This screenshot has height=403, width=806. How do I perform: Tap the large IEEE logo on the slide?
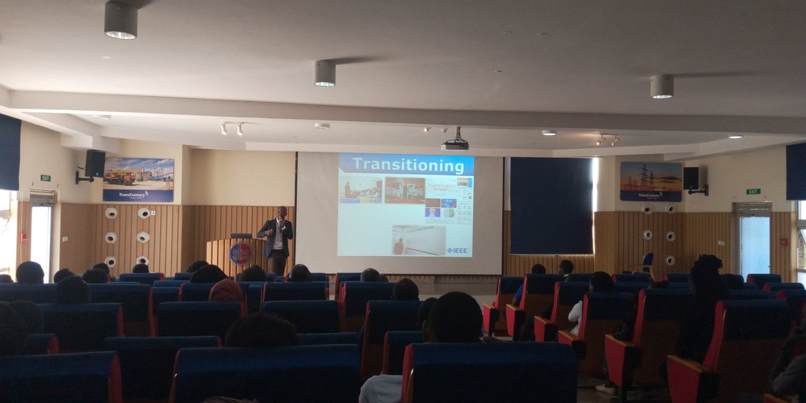click(x=457, y=251)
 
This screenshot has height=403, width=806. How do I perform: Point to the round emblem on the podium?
click(x=240, y=253)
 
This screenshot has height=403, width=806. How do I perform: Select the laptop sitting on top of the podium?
click(x=240, y=236)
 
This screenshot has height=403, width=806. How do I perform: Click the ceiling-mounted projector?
click(x=455, y=144)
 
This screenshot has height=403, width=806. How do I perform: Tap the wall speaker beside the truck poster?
click(x=94, y=163)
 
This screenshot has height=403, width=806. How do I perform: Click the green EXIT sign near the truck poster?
click(x=46, y=178)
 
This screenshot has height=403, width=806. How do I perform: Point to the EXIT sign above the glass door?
click(x=754, y=191)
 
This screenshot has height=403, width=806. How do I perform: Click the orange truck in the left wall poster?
click(x=121, y=178)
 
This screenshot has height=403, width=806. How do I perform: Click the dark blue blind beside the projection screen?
click(x=551, y=205)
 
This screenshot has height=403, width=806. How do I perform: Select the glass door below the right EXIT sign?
click(x=752, y=242)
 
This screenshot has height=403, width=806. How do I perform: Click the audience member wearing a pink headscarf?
click(x=226, y=291)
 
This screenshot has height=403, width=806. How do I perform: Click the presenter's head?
click(x=281, y=213)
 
